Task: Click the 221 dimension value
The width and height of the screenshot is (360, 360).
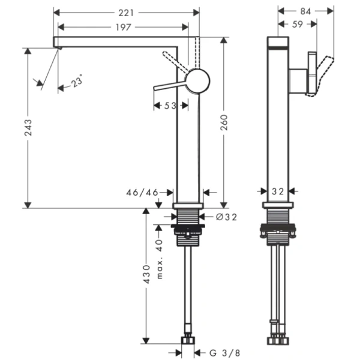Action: click(x=127, y=12)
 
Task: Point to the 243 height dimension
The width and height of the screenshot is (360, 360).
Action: click(x=28, y=128)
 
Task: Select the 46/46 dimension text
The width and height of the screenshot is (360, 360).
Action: click(x=142, y=193)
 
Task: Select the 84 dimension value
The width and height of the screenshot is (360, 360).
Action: click(x=305, y=10)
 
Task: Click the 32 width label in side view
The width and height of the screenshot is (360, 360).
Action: click(x=278, y=193)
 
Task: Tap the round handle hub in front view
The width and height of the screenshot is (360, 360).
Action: click(x=197, y=80)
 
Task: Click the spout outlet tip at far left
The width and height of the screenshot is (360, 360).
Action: click(x=57, y=43)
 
